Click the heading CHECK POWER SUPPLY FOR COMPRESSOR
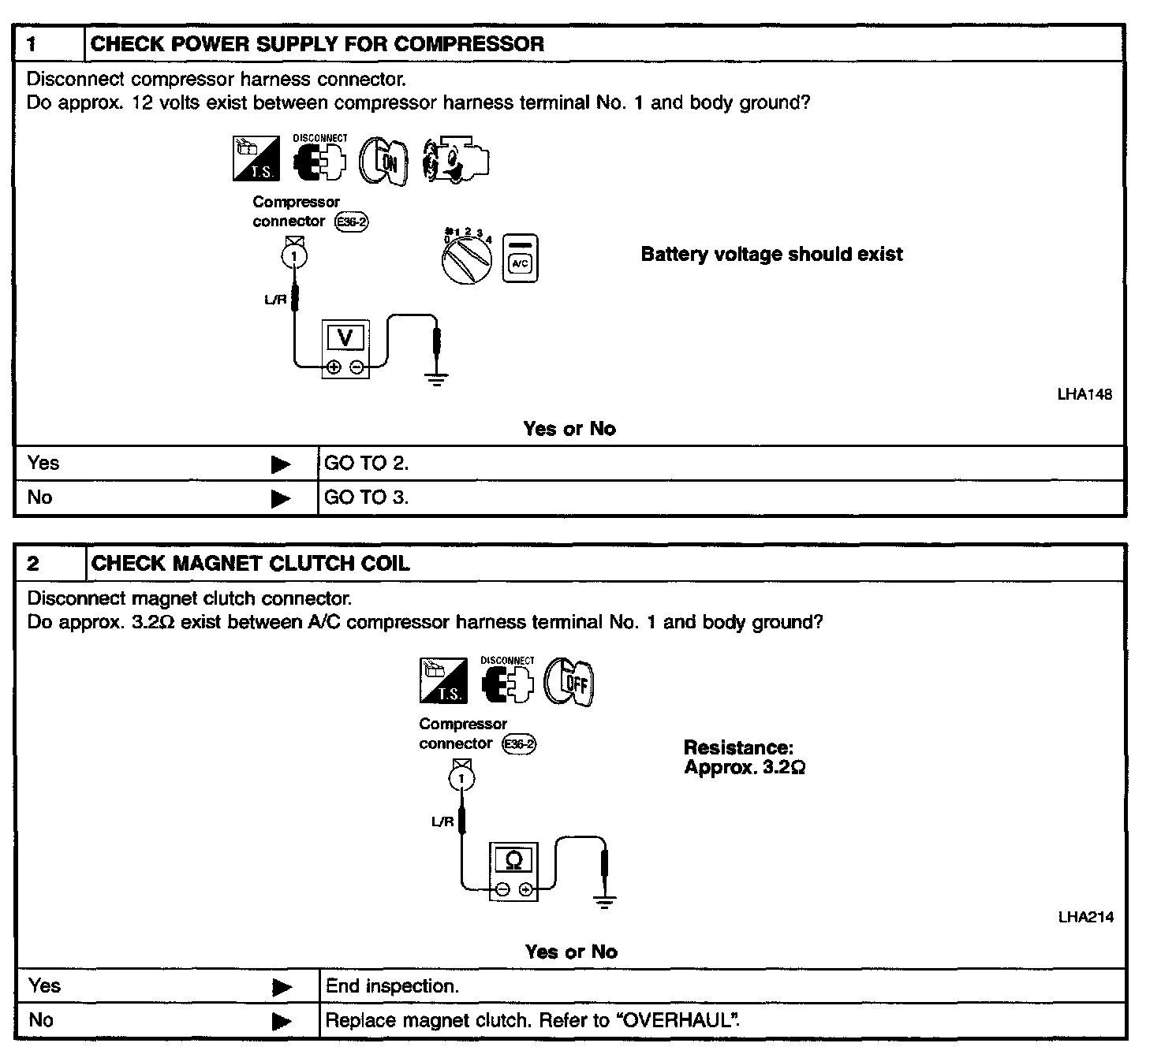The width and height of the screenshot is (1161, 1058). tap(317, 44)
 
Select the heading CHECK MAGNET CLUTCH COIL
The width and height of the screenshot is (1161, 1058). tap(250, 564)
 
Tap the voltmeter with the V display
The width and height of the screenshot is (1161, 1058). tap(345, 348)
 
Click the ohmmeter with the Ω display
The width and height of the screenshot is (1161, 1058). tap(513, 871)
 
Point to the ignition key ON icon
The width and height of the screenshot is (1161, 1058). tap(384, 162)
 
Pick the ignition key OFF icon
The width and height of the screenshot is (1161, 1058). tap(570, 682)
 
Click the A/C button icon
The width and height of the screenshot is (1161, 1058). tap(521, 258)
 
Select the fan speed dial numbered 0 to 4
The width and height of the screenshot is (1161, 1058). tap(467, 255)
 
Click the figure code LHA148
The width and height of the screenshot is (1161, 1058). tap(1084, 394)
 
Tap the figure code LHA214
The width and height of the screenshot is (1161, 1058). tap(1085, 917)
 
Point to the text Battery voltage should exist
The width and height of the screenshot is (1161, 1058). tap(771, 255)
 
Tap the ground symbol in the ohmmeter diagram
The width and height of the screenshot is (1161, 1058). tap(604, 902)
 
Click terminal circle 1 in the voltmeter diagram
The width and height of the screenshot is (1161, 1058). tap(295, 255)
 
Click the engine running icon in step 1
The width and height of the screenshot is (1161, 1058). tap(455, 162)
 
